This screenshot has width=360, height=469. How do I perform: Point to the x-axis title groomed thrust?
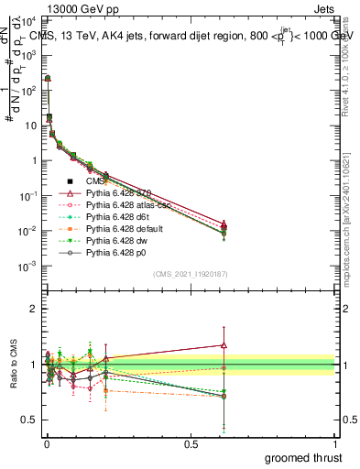point(303,456)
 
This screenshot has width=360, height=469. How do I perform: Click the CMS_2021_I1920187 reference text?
point(190,272)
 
